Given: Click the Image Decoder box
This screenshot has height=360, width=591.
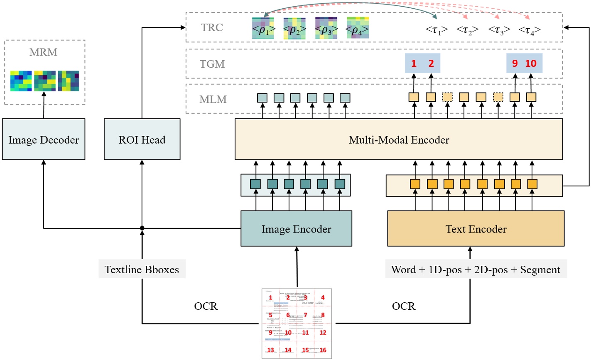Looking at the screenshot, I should point(44,140).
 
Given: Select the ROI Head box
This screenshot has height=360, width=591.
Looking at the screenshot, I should point(142,140).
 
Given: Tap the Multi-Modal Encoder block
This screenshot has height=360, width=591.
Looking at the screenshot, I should point(399,140).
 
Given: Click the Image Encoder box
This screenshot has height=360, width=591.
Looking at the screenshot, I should point(296,229).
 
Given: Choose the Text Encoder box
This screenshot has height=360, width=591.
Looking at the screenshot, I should point(476,229).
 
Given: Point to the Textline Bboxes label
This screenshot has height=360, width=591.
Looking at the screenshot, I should point(142,269).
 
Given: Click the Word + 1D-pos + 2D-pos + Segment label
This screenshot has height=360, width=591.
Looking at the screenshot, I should point(476,269).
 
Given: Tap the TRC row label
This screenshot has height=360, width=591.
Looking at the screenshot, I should point(212,28).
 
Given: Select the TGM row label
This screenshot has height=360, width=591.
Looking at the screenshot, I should point(212,64).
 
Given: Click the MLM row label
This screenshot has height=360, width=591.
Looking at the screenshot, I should point(213,100).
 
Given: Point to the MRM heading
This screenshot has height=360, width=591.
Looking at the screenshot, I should point(43,52).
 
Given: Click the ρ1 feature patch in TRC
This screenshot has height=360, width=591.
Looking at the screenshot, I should point(263,29).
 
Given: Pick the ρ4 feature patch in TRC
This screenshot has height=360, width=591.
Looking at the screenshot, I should point(358,29).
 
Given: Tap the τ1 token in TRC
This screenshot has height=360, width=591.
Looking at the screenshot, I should point(436,30).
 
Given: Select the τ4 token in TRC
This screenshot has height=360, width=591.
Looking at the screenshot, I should point(530,30).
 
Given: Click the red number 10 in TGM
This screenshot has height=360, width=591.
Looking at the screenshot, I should point(531,64).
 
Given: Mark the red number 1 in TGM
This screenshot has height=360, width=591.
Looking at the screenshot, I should point(414,64).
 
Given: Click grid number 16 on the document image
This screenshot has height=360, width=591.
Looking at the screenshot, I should point(323,350).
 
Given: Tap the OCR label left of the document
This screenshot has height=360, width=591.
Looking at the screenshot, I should point(206,306).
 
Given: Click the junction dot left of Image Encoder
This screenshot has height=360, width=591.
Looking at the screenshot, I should point(142,228).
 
